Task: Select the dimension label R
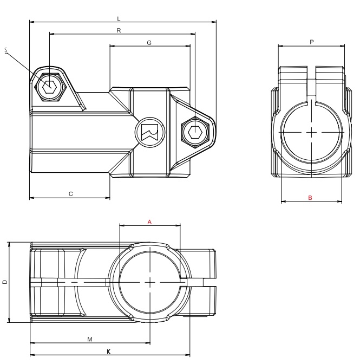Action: (119, 30)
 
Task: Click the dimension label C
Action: (71, 193)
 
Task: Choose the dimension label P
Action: (311, 42)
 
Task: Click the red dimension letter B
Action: (310, 198)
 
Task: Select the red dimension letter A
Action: (149, 222)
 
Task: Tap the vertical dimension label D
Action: (5, 282)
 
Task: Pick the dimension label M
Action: (89, 339)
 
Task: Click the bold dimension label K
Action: (109, 352)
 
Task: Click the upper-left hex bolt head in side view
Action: (49, 86)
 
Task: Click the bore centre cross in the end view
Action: (312, 132)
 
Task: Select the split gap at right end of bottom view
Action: (203, 282)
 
